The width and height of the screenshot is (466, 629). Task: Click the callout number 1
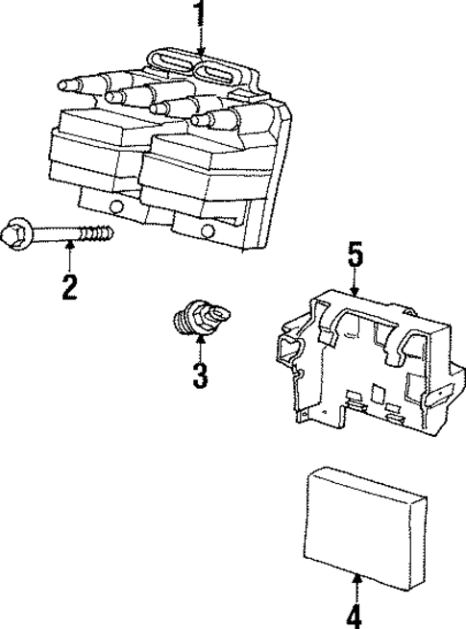(200, 13)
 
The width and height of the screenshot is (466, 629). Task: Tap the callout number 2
(69, 285)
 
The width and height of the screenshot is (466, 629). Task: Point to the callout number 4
(356, 615)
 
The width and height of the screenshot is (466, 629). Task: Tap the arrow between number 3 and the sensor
(200, 348)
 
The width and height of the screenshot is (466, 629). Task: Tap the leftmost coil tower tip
(63, 85)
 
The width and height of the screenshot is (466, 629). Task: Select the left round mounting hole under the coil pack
(116, 206)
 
